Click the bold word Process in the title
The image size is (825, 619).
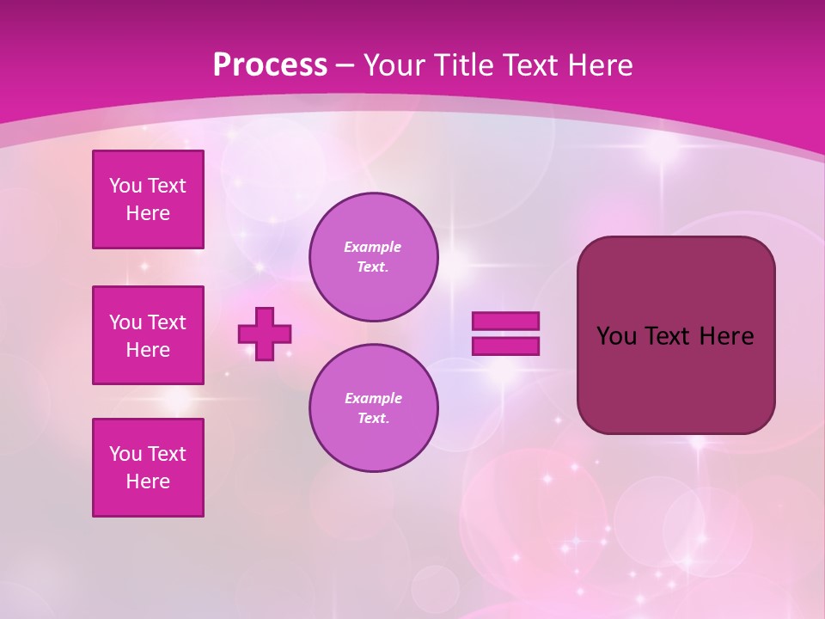(x=270, y=65)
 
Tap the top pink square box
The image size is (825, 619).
(x=148, y=199)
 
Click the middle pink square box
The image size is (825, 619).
(x=148, y=335)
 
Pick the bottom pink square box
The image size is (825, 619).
(x=148, y=468)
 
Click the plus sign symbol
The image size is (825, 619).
(x=265, y=334)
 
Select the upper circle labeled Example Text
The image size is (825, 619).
(x=374, y=256)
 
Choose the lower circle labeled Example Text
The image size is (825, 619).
(x=374, y=408)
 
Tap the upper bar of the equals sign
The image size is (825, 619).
(x=505, y=321)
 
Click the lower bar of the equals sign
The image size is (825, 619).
(x=505, y=346)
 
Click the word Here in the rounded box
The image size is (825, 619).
(x=726, y=336)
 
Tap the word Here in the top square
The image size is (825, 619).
(x=148, y=213)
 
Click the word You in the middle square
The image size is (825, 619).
(x=125, y=322)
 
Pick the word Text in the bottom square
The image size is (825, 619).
(x=167, y=454)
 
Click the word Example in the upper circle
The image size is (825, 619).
(x=373, y=247)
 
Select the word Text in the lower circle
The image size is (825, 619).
(x=372, y=419)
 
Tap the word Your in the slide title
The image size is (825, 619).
(x=396, y=65)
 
